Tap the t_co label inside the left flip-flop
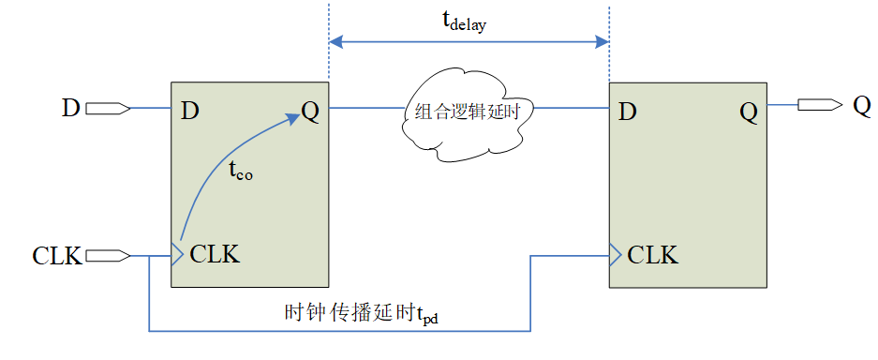(x=241, y=173)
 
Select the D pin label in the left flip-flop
(x=190, y=112)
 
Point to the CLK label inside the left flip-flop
(x=214, y=254)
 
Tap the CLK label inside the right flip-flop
(x=653, y=254)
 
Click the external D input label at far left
(x=71, y=108)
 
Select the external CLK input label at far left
(x=57, y=255)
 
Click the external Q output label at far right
(x=862, y=105)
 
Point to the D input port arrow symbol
(x=108, y=109)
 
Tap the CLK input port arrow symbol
(x=108, y=255)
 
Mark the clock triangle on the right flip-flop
(x=616, y=253)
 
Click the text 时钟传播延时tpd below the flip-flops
(x=361, y=312)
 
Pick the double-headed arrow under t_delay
(x=469, y=42)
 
